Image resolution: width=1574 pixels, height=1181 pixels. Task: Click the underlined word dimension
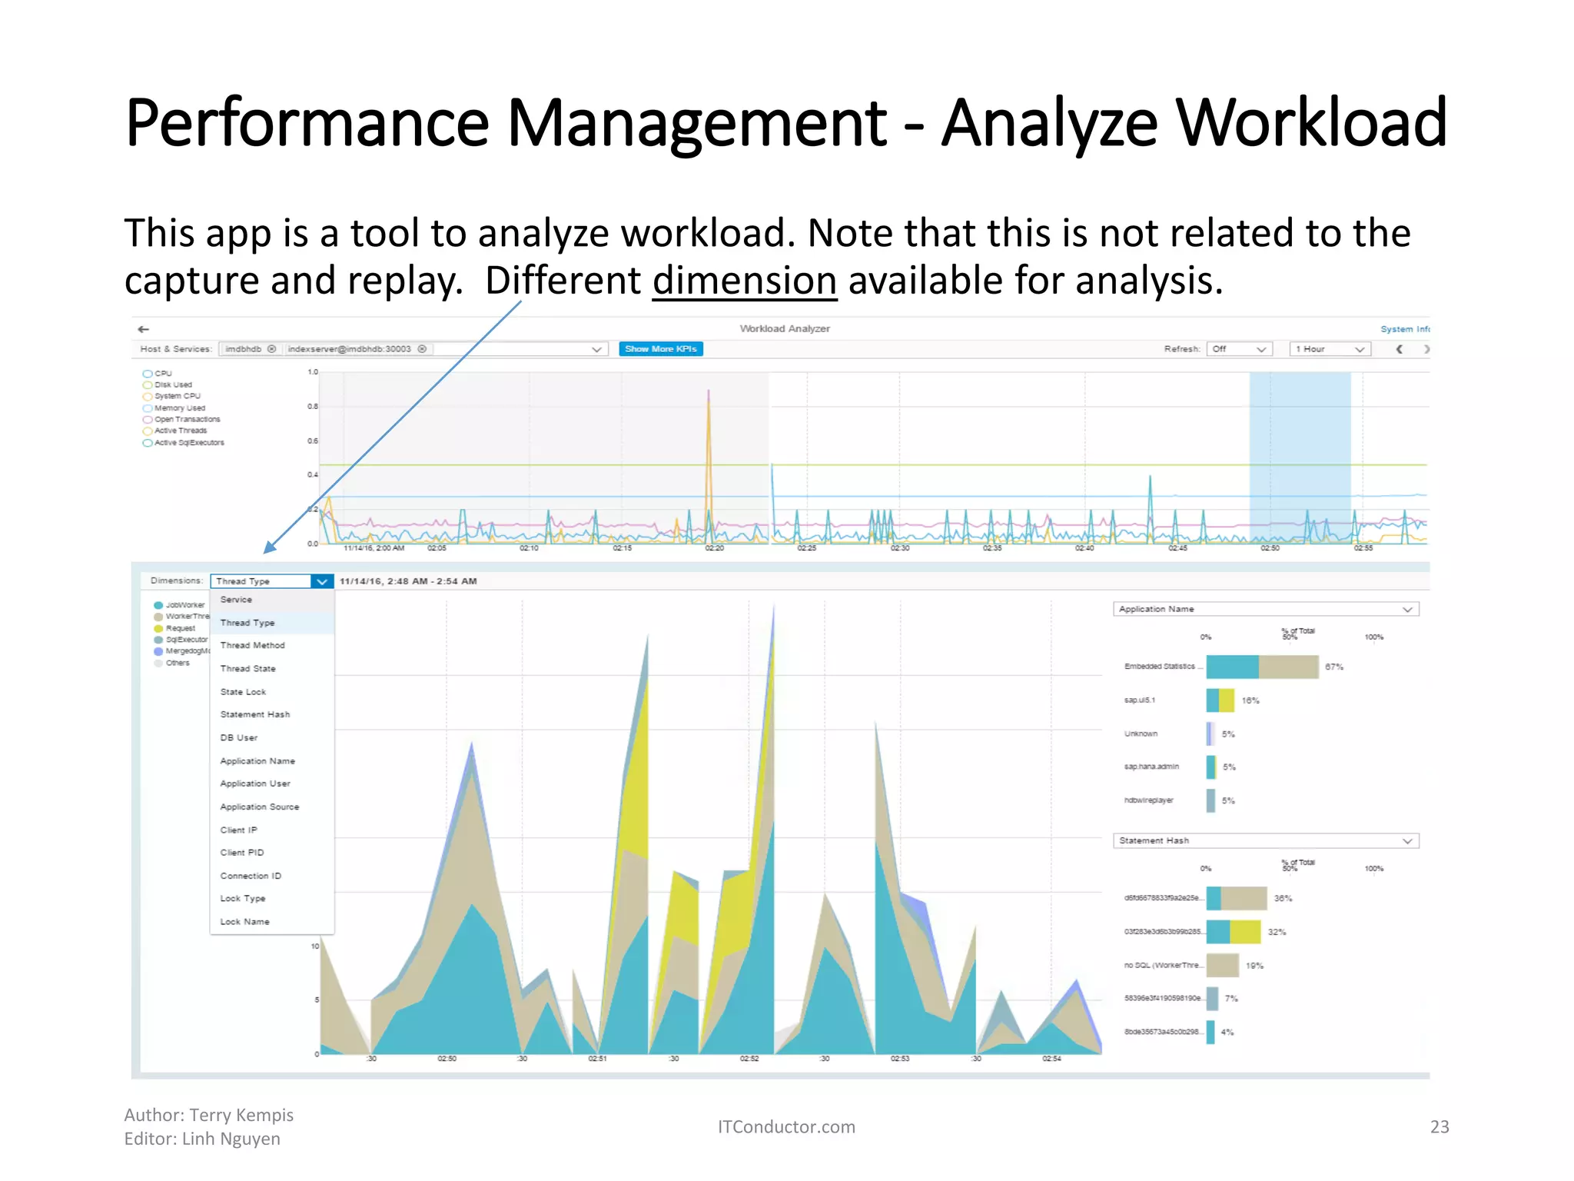click(744, 281)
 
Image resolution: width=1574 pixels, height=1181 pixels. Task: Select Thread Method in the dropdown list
click(252, 646)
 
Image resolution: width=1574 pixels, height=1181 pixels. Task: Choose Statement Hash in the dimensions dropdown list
click(254, 715)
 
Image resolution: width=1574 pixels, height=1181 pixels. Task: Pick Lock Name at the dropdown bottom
click(244, 922)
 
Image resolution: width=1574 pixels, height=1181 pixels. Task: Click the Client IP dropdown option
click(238, 830)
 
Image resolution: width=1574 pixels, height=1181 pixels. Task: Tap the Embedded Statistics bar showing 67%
click(1262, 667)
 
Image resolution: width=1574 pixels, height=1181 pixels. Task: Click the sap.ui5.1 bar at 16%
click(1220, 700)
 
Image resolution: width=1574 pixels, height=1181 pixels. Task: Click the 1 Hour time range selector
click(1329, 349)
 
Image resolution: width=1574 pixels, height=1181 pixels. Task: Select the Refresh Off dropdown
click(1239, 349)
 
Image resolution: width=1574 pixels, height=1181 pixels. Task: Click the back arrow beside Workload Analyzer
click(144, 329)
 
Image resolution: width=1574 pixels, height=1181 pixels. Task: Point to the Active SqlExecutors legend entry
click(189, 443)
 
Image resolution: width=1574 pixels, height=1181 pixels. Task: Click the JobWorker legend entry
click(184, 605)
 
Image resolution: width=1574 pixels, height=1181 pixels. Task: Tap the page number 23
click(1439, 1127)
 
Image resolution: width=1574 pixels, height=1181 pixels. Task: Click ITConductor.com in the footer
click(785, 1127)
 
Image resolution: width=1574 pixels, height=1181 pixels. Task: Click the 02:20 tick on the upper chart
click(714, 548)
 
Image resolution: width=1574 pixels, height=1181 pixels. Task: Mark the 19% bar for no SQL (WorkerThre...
click(1222, 965)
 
